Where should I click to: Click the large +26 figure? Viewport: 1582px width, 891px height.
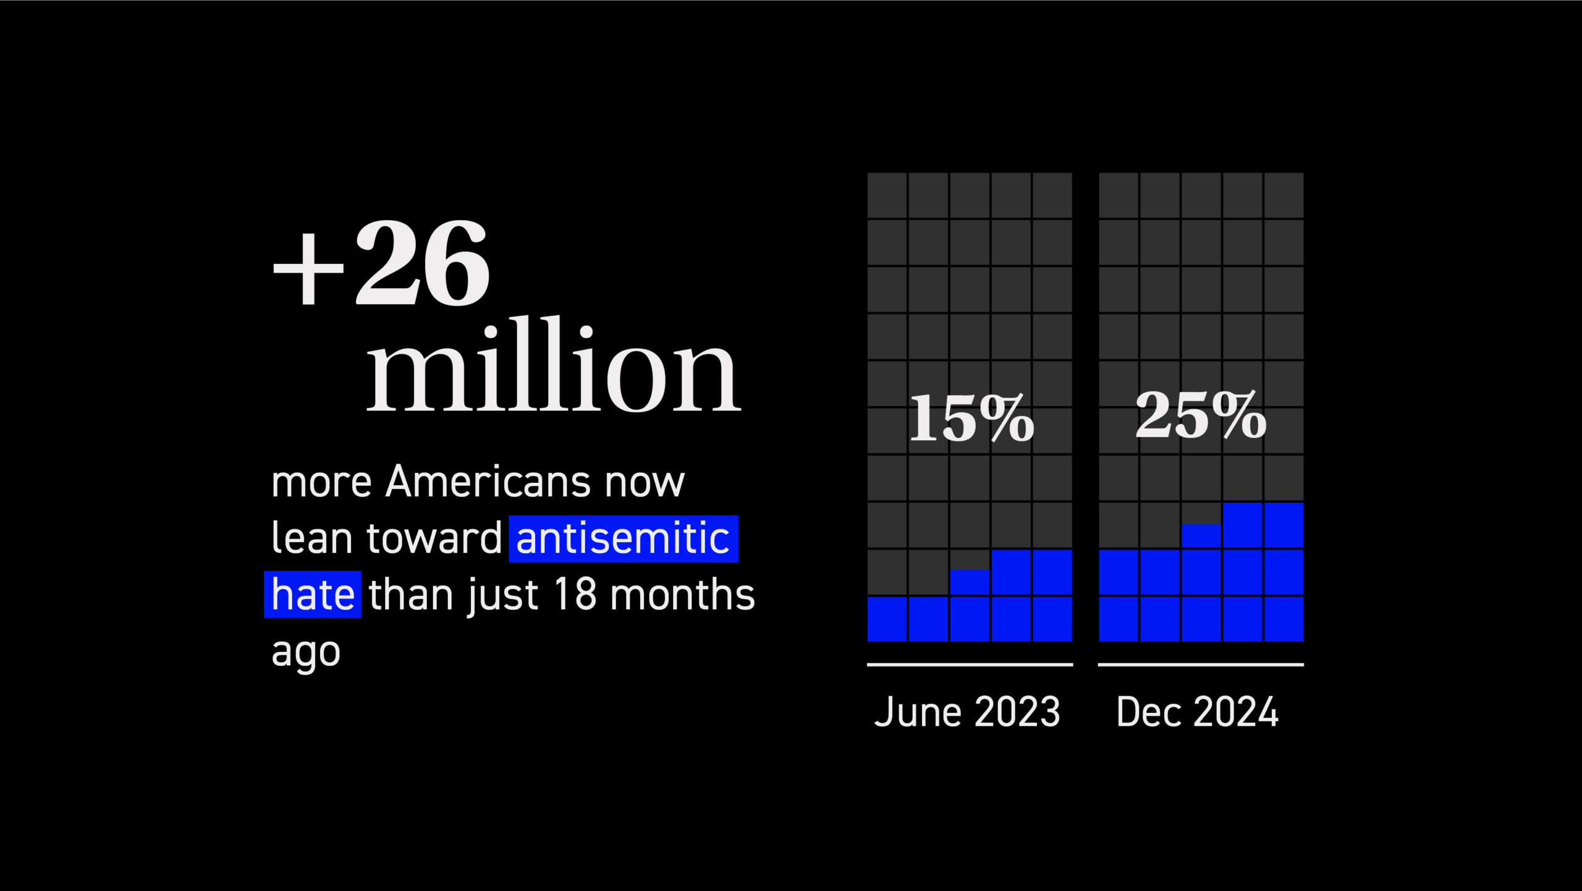pos(381,263)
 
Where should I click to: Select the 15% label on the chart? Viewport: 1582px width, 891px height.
pos(971,418)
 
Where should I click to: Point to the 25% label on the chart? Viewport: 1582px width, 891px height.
pos(1201,415)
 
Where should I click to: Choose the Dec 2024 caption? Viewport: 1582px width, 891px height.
pos(1198,712)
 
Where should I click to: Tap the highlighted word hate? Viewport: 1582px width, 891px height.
pos(313,595)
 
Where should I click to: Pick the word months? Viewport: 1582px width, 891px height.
pos(683,594)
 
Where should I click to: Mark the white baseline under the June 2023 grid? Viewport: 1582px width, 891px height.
pos(970,665)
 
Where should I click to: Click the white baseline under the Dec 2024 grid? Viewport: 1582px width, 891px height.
pos(1201,665)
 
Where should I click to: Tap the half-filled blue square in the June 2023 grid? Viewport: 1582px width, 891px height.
pos(970,582)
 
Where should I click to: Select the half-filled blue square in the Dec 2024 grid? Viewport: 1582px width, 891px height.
pos(1201,535)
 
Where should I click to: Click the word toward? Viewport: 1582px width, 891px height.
pos(434,538)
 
